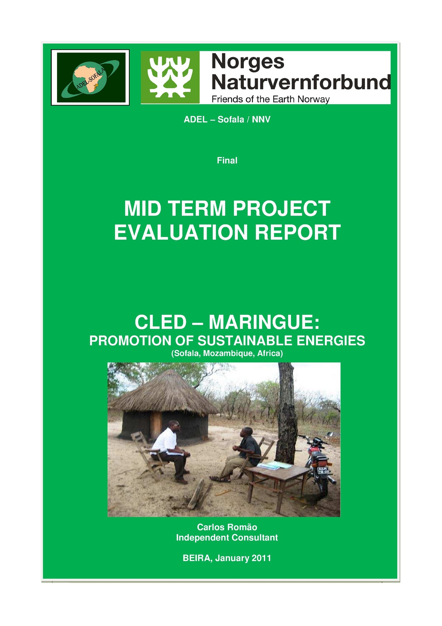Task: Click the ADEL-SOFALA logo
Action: (x=90, y=77)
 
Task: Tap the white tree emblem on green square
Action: (x=170, y=77)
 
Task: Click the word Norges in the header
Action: (x=248, y=62)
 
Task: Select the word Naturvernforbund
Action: (x=301, y=82)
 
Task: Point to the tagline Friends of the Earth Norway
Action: (x=270, y=99)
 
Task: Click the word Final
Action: (x=227, y=160)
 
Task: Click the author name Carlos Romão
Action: (x=227, y=527)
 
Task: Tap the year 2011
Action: (x=261, y=558)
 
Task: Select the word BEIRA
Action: (x=197, y=558)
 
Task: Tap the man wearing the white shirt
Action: (x=169, y=446)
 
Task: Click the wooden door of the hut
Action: (x=156, y=424)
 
